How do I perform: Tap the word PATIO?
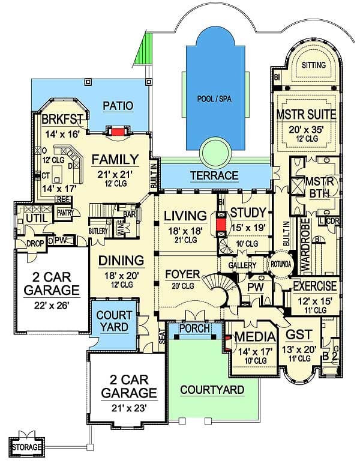[x=117, y=106]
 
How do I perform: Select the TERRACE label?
[x=215, y=176]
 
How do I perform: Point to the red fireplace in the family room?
[x=118, y=131]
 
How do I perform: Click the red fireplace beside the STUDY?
[x=222, y=224]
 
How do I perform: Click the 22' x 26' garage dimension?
[x=52, y=304]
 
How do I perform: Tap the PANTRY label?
[x=65, y=213]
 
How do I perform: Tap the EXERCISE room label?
[x=314, y=286]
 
